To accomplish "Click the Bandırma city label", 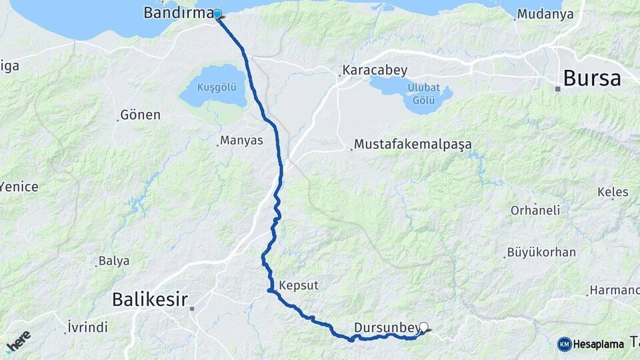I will (179, 13).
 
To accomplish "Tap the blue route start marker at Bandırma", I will (217, 14).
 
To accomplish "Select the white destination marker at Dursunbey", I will (423, 327).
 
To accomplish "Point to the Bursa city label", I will (591, 78).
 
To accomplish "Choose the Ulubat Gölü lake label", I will (423, 94).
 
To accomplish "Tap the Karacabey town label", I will (375, 70).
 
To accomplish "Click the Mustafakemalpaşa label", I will (413, 144).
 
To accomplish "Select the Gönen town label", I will (140, 115).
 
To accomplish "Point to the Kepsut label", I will (299, 285).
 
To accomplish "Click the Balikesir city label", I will (149, 299).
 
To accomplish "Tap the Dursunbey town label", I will (387, 327).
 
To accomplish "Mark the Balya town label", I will (113, 261).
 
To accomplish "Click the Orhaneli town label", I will (535, 210).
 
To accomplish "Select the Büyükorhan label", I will (541, 253).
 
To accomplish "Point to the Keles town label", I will (613, 192).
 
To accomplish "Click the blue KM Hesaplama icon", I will (565, 344).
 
